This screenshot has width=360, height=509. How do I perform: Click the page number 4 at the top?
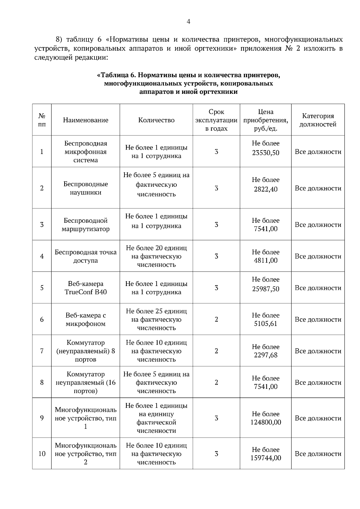(188, 22)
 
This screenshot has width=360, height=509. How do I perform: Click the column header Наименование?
(85, 120)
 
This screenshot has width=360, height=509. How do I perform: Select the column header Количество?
(156, 120)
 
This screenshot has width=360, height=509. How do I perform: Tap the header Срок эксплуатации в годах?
(216, 120)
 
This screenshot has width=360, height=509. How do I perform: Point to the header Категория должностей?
(318, 120)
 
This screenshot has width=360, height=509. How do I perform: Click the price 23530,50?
(265, 153)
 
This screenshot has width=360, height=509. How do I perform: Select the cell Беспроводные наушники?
(85, 188)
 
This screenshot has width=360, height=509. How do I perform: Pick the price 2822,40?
(265, 189)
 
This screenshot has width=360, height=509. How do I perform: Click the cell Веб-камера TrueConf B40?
(85, 288)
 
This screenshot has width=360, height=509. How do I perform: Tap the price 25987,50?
(265, 289)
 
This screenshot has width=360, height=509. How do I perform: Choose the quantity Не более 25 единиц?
(156, 311)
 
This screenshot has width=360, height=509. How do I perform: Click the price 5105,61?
(265, 324)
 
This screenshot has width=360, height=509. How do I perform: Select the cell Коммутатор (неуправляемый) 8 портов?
(85, 351)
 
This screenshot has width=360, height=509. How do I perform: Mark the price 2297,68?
(265, 355)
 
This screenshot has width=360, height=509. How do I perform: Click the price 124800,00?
(265, 422)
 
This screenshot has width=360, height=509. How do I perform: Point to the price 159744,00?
(265, 458)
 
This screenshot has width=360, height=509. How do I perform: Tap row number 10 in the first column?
(42, 454)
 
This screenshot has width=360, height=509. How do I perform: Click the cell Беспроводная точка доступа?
(85, 256)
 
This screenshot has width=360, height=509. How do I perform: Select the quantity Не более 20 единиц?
(156, 248)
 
